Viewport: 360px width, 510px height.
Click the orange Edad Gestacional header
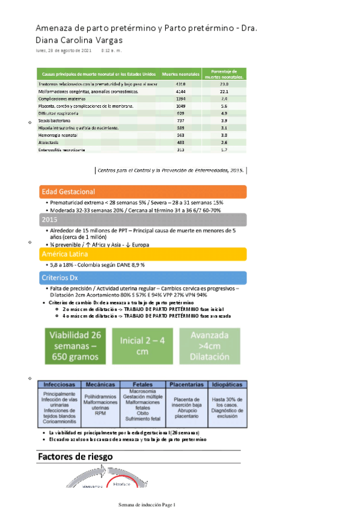point(142,192)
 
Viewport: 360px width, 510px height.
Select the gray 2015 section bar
point(142,220)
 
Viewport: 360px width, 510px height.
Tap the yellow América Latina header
point(142,254)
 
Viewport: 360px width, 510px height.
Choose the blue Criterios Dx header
point(142,277)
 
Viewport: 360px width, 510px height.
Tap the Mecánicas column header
point(100,383)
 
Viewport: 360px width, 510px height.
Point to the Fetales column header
point(142,383)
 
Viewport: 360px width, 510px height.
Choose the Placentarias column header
point(186,383)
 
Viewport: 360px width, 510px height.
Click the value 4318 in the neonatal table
point(180,84)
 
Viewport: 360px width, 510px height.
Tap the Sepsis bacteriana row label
point(55,121)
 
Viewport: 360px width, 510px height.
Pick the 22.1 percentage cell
point(224,91)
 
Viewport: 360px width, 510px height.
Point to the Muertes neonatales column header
point(180,73)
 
